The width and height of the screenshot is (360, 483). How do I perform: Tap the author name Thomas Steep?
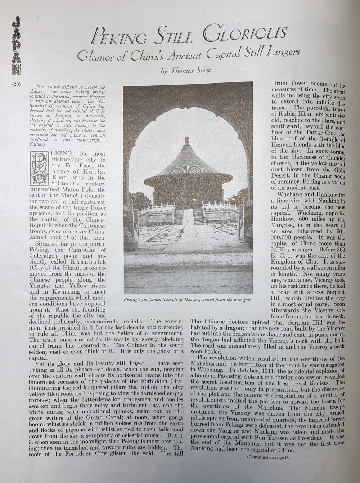(x=191, y=71)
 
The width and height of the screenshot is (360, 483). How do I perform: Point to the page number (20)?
(x=17, y=85)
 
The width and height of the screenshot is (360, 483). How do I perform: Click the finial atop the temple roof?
(x=187, y=140)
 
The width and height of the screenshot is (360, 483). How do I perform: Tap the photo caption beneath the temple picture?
(x=188, y=300)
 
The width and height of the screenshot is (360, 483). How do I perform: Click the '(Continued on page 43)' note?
(x=268, y=457)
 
